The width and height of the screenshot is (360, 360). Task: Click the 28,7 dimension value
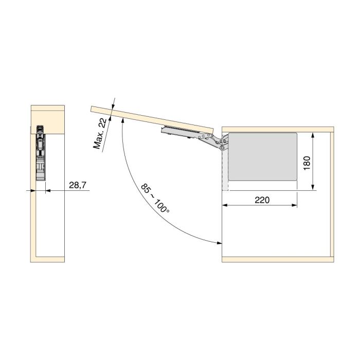pyautogui.click(x=77, y=184)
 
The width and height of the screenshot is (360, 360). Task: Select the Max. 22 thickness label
pyautogui.click(x=100, y=133)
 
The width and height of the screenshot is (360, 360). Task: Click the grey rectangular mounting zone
pyautogui.click(x=262, y=156)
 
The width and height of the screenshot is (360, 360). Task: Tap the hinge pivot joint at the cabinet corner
pyautogui.click(x=223, y=148)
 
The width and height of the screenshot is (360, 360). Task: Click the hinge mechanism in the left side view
pyautogui.click(x=40, y=152)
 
